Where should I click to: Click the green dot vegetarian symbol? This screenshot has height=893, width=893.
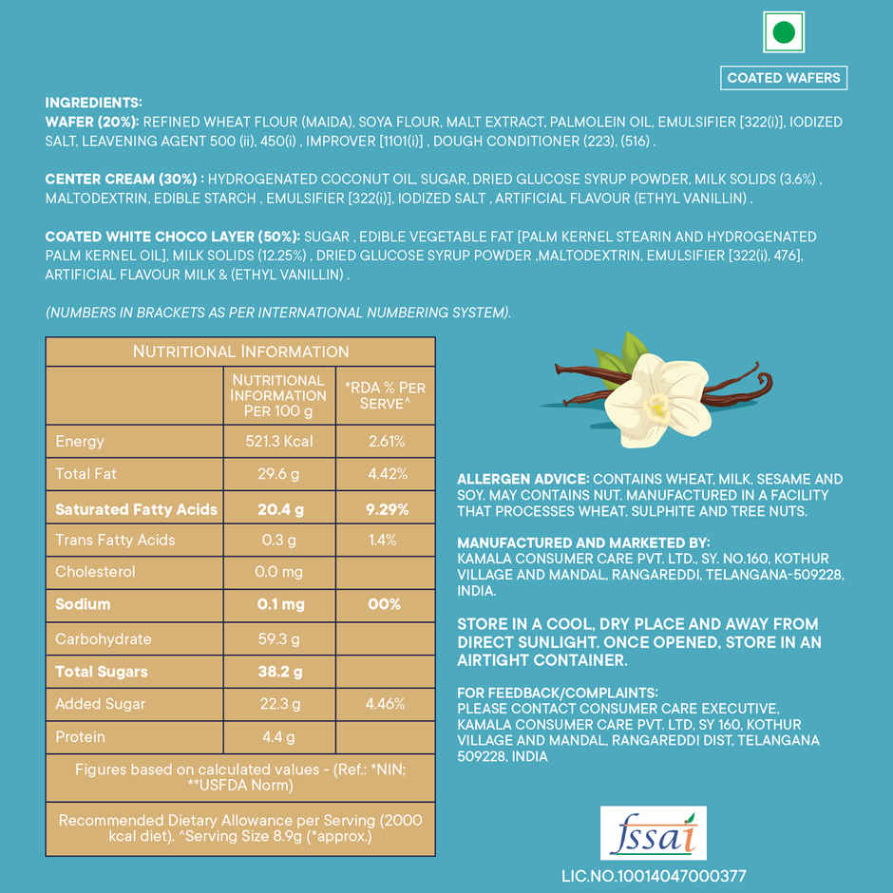[x=784, y=32]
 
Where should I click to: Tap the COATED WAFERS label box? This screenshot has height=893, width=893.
[x=784, y=78]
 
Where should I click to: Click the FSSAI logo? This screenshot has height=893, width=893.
[x=653, y=833]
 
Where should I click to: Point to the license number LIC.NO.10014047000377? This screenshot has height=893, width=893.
[x=654, y=876]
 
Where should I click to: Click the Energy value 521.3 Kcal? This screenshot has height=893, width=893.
[x=279, y=441]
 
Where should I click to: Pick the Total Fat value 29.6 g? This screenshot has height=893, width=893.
[x=279, y=473]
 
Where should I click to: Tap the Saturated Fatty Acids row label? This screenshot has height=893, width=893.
[x=136, y=509]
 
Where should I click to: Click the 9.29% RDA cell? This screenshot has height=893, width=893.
[x=387, y=509]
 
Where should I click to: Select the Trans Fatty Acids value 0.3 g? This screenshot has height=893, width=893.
[x=279, y=540]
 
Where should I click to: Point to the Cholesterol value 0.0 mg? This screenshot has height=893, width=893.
[x=279, y=572]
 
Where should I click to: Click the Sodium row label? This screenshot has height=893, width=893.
[x=83, y=604]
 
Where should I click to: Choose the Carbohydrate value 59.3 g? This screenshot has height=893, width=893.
[x=279, y=638]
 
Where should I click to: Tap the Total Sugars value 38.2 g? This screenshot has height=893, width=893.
[x=279, y=672]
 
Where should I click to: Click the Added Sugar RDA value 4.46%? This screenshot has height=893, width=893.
[x=387, y=704]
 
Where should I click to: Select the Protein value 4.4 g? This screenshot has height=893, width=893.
[x=279, y=736]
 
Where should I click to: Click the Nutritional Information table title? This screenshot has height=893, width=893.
[x=240, y=351]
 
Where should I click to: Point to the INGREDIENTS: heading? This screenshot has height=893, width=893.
[x=93, y=103]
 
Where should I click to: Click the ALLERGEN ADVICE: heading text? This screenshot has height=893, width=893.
[x=522, y=480]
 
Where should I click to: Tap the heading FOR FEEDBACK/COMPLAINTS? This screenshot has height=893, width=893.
[x=557, y=693]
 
